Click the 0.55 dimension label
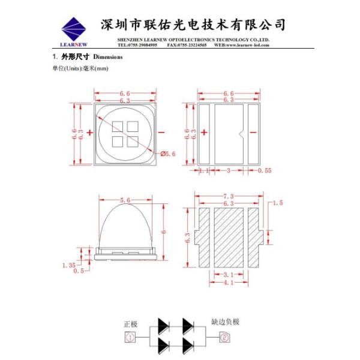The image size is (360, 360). (x=264, y=171)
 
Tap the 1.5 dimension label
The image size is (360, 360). (x=277, y=203)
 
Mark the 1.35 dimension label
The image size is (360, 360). (x=68, y=263)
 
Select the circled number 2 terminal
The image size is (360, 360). (x=224, y=338)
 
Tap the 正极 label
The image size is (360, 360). (x=130, y=324)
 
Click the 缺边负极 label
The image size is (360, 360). (x=225, y=322)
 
